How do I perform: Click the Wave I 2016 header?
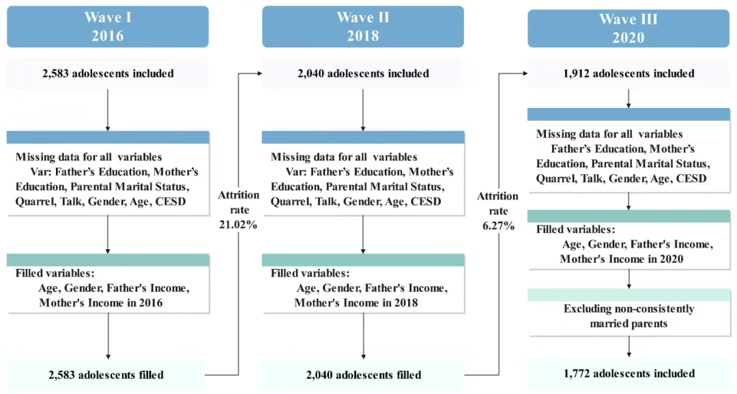(108, 27)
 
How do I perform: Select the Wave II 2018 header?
(363, 27)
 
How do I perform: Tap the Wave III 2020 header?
(628, 28)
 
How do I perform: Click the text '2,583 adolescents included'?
(108, 73)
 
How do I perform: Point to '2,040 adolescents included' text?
(363, 73)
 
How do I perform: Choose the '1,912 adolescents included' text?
(628, 73)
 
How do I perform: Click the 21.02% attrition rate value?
(238, 225)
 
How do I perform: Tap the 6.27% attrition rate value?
(498, 226)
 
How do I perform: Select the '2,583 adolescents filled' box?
(106, 375)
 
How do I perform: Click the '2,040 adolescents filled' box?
(363, 375)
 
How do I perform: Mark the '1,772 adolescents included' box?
(629, 374)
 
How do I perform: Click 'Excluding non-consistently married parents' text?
(629, 316)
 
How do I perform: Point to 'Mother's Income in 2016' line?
(100, 302)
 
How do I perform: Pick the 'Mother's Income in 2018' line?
(356, 302)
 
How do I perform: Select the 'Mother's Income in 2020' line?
(622, 259)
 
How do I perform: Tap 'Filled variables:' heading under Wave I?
(55, 273)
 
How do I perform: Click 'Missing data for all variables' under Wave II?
(344, 156)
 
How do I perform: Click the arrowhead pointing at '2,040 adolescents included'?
(259, 73)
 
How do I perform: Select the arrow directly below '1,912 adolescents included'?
(628, 99)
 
